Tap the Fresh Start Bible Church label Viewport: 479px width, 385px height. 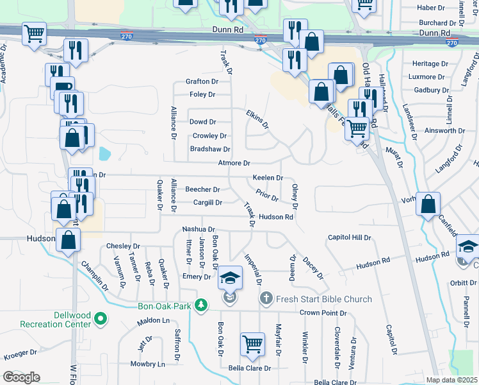coord(323,299)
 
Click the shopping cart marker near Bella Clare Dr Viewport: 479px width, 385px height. coord(253,344)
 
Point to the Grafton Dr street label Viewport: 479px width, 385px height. coord(202,81)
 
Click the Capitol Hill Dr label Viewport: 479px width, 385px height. coord(349,237)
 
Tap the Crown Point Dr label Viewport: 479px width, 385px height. coord(323,313)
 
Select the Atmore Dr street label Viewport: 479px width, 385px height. coord(233,164)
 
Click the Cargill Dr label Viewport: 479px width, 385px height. coord(207,203)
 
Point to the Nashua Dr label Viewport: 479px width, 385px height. coord(198,228)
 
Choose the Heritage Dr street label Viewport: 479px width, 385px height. coord(430,64)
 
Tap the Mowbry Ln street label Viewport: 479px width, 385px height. coord(147,364)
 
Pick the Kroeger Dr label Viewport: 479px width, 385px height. coord(21,354)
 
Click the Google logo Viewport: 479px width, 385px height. coord(21,377)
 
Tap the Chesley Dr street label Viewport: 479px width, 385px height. coord(123,246)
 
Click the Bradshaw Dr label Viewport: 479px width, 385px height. coord(209,149)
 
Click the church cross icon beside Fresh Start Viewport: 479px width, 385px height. coord(266,298)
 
